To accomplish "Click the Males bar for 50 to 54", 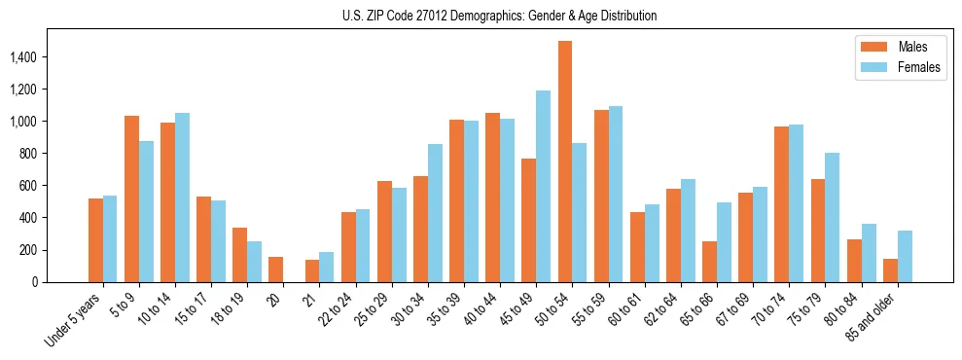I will click(565, 162).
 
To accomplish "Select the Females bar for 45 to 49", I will click(543, 186).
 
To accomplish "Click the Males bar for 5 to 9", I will click(131, 198).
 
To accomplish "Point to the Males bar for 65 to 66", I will click(709, 262).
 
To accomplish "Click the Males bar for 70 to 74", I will click(781, 204).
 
